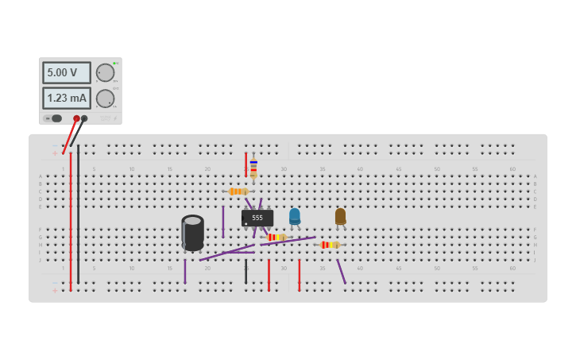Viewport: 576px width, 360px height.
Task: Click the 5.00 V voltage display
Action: pos(66,73)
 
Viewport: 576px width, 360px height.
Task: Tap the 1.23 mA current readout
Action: pos(66,99)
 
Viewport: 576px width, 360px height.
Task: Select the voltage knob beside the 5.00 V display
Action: pos(105,73)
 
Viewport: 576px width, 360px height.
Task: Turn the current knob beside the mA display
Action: pos(105,99)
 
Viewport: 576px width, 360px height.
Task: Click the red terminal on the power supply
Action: pos(76,118)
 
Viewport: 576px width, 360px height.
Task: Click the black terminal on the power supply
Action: pos(84,118)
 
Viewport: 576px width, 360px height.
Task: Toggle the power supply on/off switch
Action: pos(52,118)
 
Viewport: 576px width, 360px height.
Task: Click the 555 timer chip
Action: pos(257,218)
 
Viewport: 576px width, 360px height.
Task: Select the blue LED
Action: pos(295,215)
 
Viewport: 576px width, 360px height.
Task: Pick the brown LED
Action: pos(340,215)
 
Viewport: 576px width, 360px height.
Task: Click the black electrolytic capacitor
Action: pos(192,232)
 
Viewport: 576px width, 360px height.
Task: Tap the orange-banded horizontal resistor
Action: pos(238,192)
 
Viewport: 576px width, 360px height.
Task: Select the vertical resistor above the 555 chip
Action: pos(253,168)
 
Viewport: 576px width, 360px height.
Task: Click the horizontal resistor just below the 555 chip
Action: pos(276,237)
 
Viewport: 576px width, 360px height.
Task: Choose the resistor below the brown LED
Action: pos(330,245)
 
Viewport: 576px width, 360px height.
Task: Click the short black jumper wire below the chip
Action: pos(245,272)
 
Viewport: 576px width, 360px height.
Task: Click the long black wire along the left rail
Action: pos(78,215)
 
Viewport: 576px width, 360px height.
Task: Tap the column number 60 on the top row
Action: pos(512,169)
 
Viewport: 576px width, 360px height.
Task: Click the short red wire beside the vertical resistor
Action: pos(245,165)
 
